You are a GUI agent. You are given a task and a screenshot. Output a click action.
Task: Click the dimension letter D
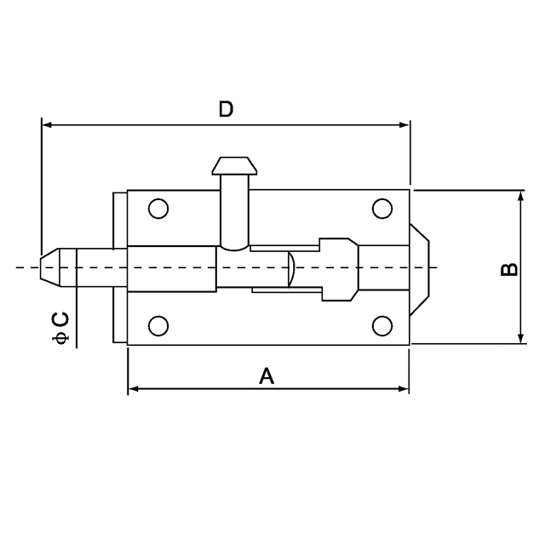[226, 109]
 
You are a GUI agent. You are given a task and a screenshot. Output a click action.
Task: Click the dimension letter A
[267, 376]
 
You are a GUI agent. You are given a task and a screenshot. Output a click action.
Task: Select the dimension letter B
[508, 269]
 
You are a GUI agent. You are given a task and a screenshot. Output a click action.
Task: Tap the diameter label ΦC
[60, 329]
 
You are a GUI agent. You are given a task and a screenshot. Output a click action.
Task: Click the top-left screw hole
[158, 209]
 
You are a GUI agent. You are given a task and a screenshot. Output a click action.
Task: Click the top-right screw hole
[381, 209]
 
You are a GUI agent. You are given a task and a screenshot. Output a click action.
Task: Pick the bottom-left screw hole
[158, 325]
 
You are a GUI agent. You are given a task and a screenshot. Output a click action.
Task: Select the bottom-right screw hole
[381, 325]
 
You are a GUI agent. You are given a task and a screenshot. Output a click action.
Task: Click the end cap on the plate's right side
[421, 267]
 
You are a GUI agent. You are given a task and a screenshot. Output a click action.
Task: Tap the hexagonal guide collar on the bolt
[339, 267]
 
